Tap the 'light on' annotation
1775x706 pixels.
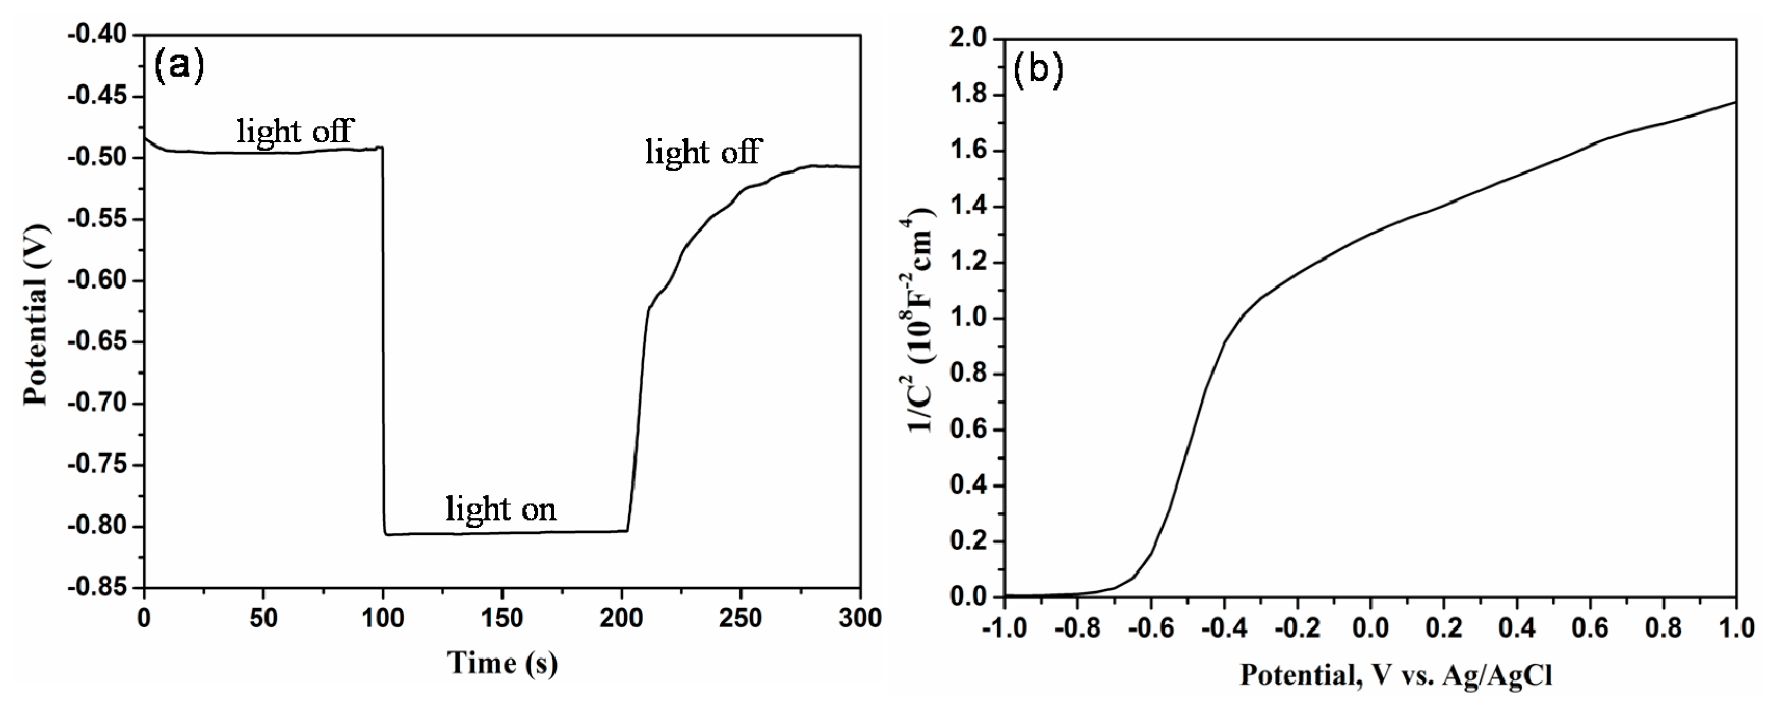click(501, 509)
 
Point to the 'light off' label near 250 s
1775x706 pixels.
click(703, 152)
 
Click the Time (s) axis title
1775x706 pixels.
click(502, 663)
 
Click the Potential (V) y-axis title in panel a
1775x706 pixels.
click(36, 314)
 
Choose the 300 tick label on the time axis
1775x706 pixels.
click(860, 618)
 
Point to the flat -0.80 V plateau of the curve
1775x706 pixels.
click(503, 532)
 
